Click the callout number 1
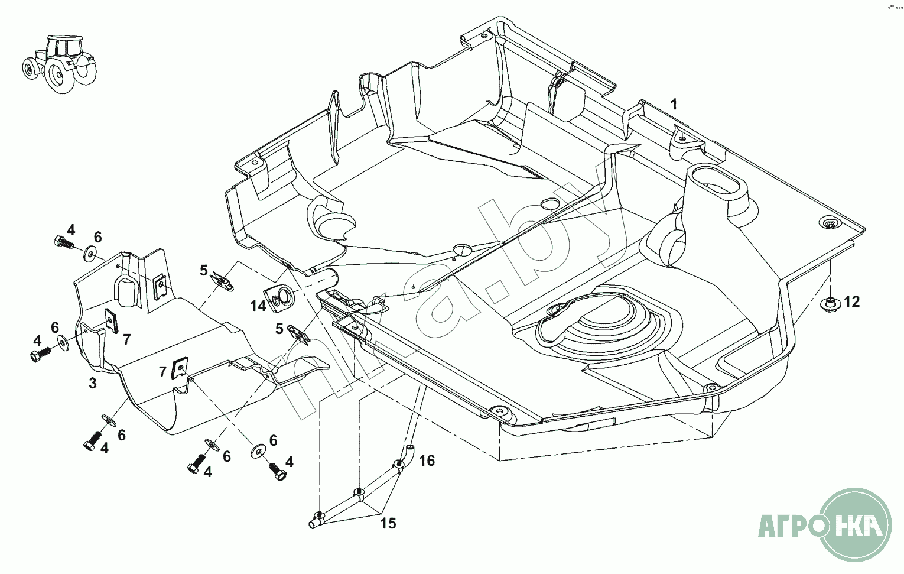click(674, 105)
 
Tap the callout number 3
click(93, 383)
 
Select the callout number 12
click(851, 301)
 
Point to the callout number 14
click(258, 306)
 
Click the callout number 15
click(388, 523)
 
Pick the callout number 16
click(427, 460)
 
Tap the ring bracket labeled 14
click(279, 298)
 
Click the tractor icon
click(60, 64)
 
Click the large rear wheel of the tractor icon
click(59, 75)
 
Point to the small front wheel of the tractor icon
click(29, 69)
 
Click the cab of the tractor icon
click(64, 47)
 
